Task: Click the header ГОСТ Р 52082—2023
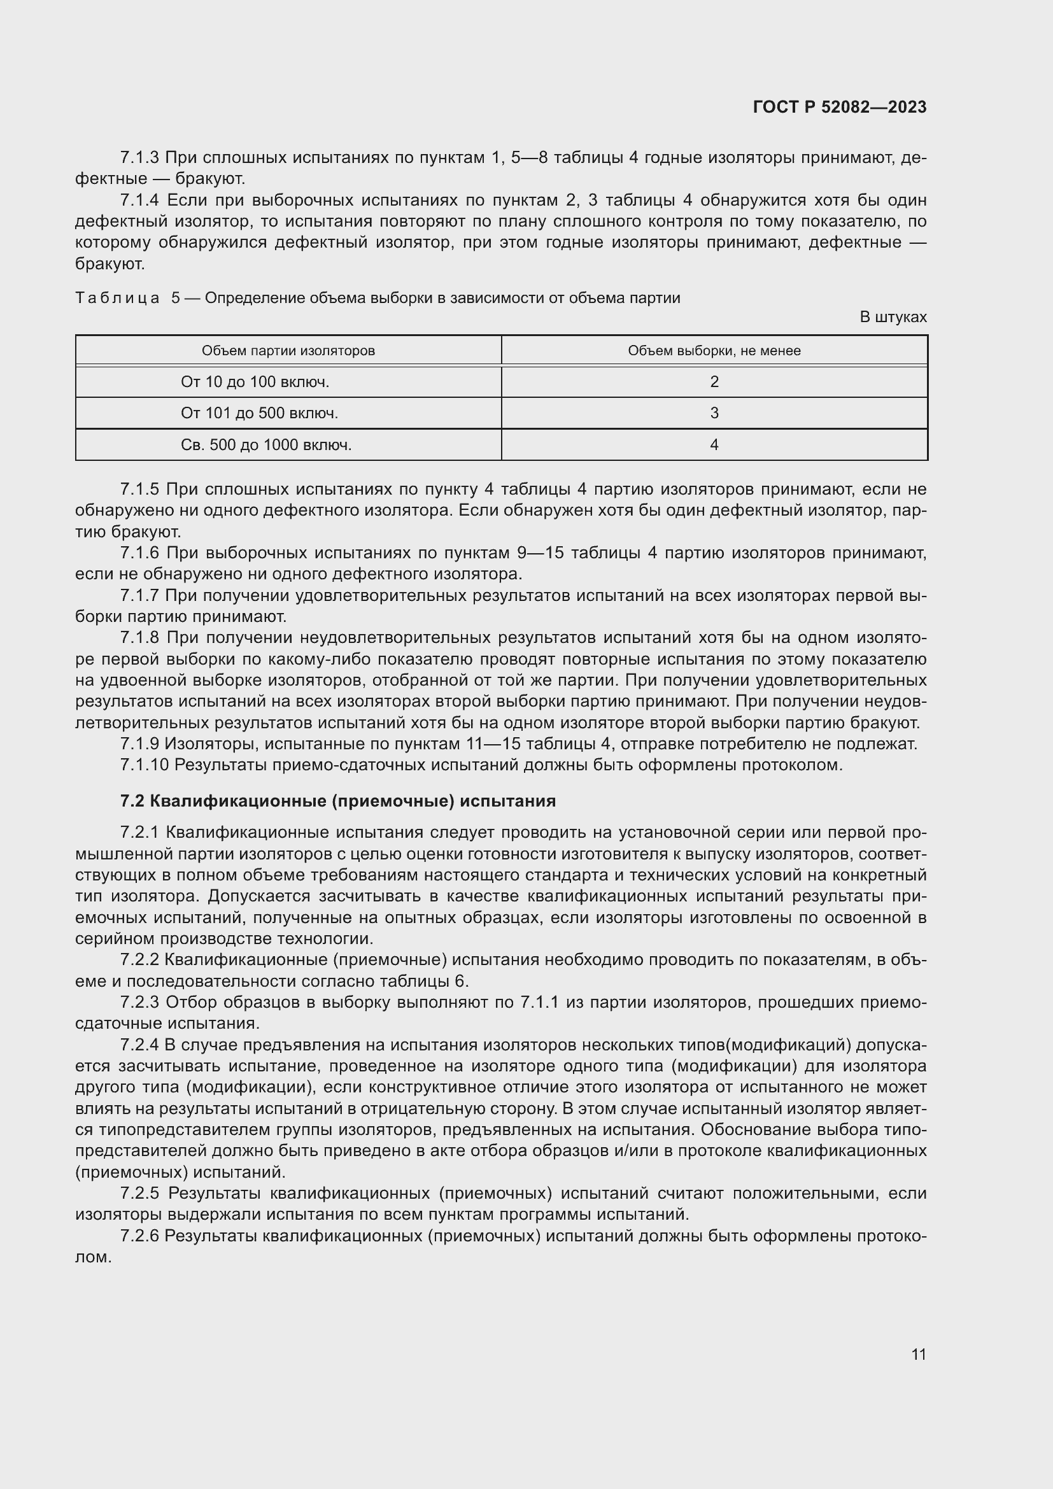pyautogui.click(x=840, y=107)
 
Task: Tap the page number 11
pyautogui.click(x=918, y=1354)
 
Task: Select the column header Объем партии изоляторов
pyautogui.click(x=288, y=351)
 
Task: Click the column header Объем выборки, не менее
pyautogui.click(x=714, y=351)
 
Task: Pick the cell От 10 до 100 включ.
pyautogui.click(x=255, y=382)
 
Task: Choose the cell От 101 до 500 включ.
pyautogui.click(x=259, y=413)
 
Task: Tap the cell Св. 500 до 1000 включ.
pyautogui.click(x=266, y=445)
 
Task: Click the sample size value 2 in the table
pyautogui.click(x=714, y=382)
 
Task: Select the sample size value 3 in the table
pyautogui.click(x=714, y=413)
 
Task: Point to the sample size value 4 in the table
pyautogui.click(x=714, y=445)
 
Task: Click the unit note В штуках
pyautogui.click(x=893, y=317)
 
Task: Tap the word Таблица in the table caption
pyautogui.click(x=117, y=299)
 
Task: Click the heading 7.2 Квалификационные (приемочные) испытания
pyautogui.click(x=338, y=801)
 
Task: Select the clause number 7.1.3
pyautogui.click(x=139, y=158)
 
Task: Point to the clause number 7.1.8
pyautogui.click(x=139, y=638)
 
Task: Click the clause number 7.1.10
pyautogui.click(x=144, y=765)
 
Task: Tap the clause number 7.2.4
pyautogui.click(x=139, y=1045)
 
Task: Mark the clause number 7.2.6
pyautogui.click(x=139, y=1236)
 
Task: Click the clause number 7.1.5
pyautogui.click(x=139, y=489)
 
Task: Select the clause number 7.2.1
pyautogui.click(x=139, y=833)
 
